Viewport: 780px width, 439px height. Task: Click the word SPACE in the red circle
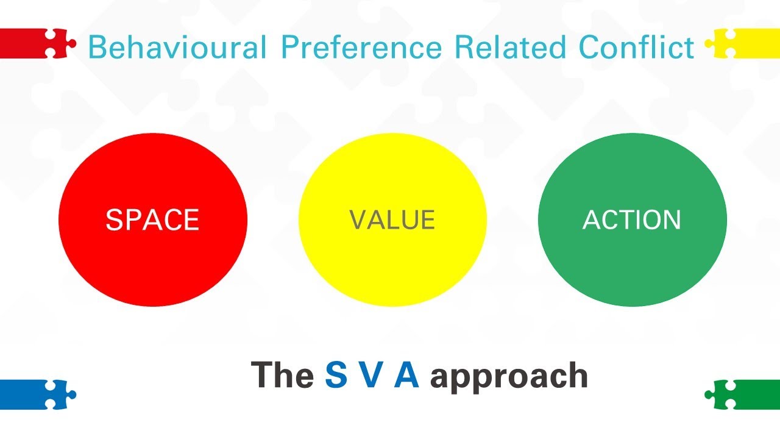pos(152,220)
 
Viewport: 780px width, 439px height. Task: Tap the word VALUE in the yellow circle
pos(392,220)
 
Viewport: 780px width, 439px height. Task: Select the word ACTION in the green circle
pos(632,220)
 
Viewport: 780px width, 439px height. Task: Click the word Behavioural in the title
pos(177,48)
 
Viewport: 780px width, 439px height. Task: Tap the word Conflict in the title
pos(637,48)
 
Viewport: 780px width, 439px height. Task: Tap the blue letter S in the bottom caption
pos(336,375)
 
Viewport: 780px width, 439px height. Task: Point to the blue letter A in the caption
pos(406,375)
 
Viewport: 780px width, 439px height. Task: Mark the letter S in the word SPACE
pos(114,220)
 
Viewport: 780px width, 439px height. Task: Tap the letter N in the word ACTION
pos(672,220)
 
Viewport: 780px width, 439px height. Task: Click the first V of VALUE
pos(358,220)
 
